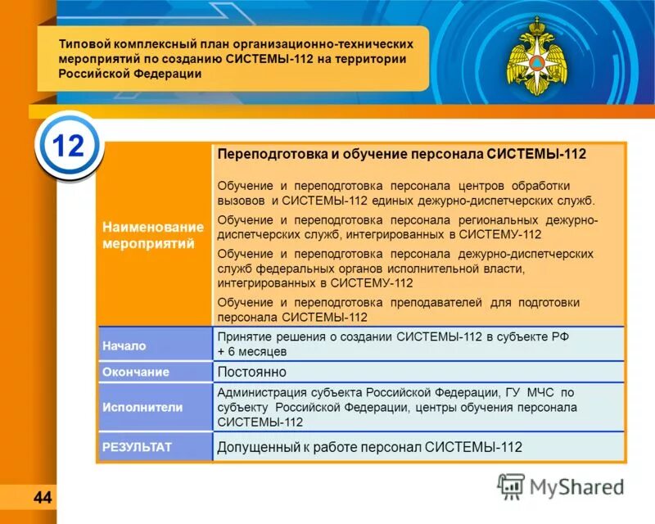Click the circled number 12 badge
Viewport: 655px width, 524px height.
point(69,147)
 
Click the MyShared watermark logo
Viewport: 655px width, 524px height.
point(562,486)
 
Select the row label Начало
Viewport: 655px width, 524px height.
point(124,346)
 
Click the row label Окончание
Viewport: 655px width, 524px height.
point(135,373)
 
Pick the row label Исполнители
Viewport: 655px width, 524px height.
point(142,407)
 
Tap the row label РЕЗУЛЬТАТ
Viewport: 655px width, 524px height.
point(137,447)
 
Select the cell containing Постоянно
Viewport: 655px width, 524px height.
point(250,373)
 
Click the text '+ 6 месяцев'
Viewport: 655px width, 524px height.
point(251,352)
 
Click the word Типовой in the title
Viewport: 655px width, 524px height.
point(84,44)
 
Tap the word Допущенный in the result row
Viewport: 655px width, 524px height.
point(260,447)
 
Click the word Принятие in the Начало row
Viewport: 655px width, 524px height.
point(242,337)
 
